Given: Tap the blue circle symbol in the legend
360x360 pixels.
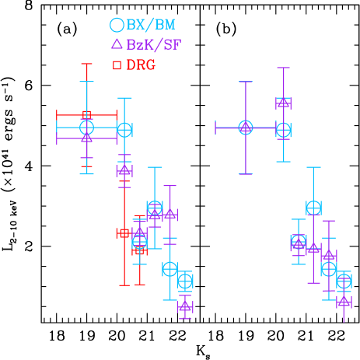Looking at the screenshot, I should (x=117, y=25).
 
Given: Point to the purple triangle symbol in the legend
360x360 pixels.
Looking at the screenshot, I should (x=117, y=44).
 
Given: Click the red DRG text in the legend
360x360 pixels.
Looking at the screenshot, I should (x=141, y=65).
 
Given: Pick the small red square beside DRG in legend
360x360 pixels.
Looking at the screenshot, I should (x=117, y=65).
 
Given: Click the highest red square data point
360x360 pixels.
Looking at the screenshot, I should (x=86, y=114).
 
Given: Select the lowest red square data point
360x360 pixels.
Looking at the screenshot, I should (x=139, y=250).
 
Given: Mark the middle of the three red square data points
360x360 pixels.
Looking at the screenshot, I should (x=124, y=232).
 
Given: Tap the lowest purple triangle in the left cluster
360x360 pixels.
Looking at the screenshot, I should (x=184, y=306).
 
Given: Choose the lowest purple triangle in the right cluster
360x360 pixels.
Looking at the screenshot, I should (x=344, y=299).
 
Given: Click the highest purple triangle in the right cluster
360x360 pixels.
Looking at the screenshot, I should (x=283, y=102).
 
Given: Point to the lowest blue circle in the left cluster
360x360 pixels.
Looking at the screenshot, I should (x=184, y=281).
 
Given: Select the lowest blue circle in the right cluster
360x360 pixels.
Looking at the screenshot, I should (x=344, y=281).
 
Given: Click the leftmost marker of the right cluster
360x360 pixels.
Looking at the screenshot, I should (x=246, y=127).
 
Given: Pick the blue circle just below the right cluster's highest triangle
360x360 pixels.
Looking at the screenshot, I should (x=283, y=130).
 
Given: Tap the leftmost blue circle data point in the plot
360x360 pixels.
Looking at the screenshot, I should (x=86, y=127).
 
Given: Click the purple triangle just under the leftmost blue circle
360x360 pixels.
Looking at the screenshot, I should (x=86, y=138).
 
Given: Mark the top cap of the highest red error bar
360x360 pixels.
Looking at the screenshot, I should (x=86, y=65).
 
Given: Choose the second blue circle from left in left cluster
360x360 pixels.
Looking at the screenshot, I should (x=124, y=129).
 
